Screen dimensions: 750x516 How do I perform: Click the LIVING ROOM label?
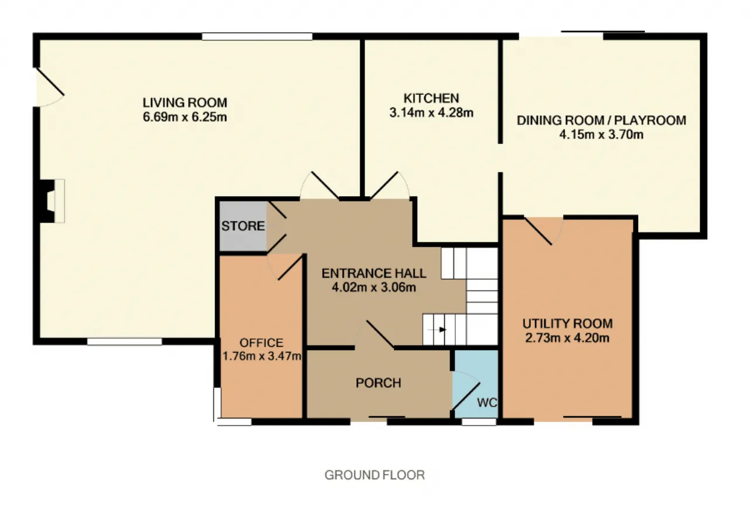(185, 102)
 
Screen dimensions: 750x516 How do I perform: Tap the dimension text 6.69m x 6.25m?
(185, 117)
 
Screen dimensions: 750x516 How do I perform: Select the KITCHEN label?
(431, 98)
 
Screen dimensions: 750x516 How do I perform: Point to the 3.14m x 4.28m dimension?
(431, 112)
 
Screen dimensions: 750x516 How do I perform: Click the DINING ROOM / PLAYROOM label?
(601, 120)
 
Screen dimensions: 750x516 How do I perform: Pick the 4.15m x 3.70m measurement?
(601, 135)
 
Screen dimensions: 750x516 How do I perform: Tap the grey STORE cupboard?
(243, 226)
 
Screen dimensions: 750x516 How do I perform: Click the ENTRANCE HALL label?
(374, 273)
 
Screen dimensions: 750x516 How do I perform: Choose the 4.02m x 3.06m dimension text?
(374, 287)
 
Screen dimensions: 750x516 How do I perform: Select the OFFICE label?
(261, 343)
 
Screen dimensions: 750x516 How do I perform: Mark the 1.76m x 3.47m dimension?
(261, 356)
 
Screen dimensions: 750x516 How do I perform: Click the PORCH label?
(379, 383)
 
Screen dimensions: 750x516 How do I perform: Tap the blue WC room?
(475, 384)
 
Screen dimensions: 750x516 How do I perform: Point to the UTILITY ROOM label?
(568, 323)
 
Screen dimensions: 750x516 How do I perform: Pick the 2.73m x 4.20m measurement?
(567, 338)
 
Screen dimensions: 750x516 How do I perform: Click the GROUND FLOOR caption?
(374, 475)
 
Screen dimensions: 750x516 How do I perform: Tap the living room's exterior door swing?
(50, 87)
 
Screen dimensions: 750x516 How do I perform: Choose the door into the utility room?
(543, 231)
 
